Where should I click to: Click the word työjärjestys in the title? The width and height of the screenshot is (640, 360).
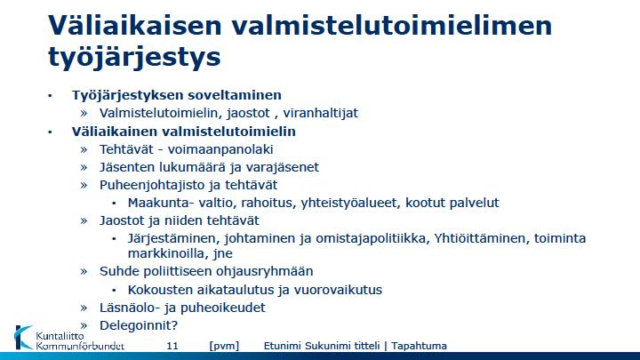click(x=134, y=57)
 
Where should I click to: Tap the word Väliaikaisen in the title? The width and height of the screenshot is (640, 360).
click(x=135, y=25)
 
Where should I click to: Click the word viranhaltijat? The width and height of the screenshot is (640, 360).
click(x=320, y=113)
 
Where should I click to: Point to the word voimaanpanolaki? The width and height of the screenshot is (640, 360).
click(x=220, y=149)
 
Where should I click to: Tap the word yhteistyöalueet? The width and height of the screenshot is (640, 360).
click(x=349, y=203)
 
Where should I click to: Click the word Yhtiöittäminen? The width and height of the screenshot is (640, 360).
click(x=480, y=238)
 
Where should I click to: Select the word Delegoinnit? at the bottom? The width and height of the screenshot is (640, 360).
click(x=139, y=325)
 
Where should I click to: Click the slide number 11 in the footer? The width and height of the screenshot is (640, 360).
click(x=172, y=346)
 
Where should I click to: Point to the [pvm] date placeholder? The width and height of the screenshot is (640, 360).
click(x=224, y=346)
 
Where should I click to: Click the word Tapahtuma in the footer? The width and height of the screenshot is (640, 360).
click(x=419, y=346)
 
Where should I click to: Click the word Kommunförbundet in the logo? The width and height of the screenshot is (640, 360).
click(x=80, y=346)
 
